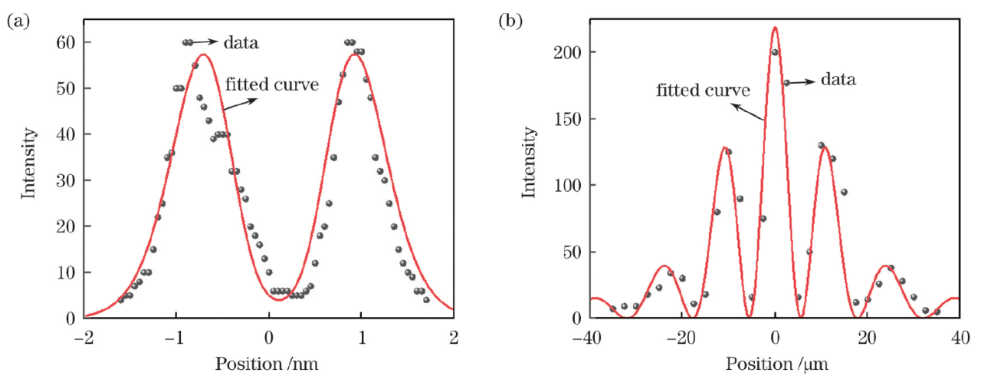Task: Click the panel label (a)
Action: (x=18, y=21)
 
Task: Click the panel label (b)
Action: (x=510, y=21)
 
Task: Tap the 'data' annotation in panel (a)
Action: (x=241, y=43)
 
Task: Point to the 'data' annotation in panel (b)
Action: (x=838, y=78)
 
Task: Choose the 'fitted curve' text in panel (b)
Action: (x=703, y=90)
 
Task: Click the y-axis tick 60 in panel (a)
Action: (x=64, y=42)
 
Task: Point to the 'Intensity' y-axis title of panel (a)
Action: (x=28, y=165)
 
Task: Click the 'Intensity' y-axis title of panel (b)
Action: (x=529, y=165)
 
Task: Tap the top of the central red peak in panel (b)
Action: (x=775, y=28)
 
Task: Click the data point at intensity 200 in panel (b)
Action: (x=775, y=52)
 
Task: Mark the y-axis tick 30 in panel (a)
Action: (x=64, y=180)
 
